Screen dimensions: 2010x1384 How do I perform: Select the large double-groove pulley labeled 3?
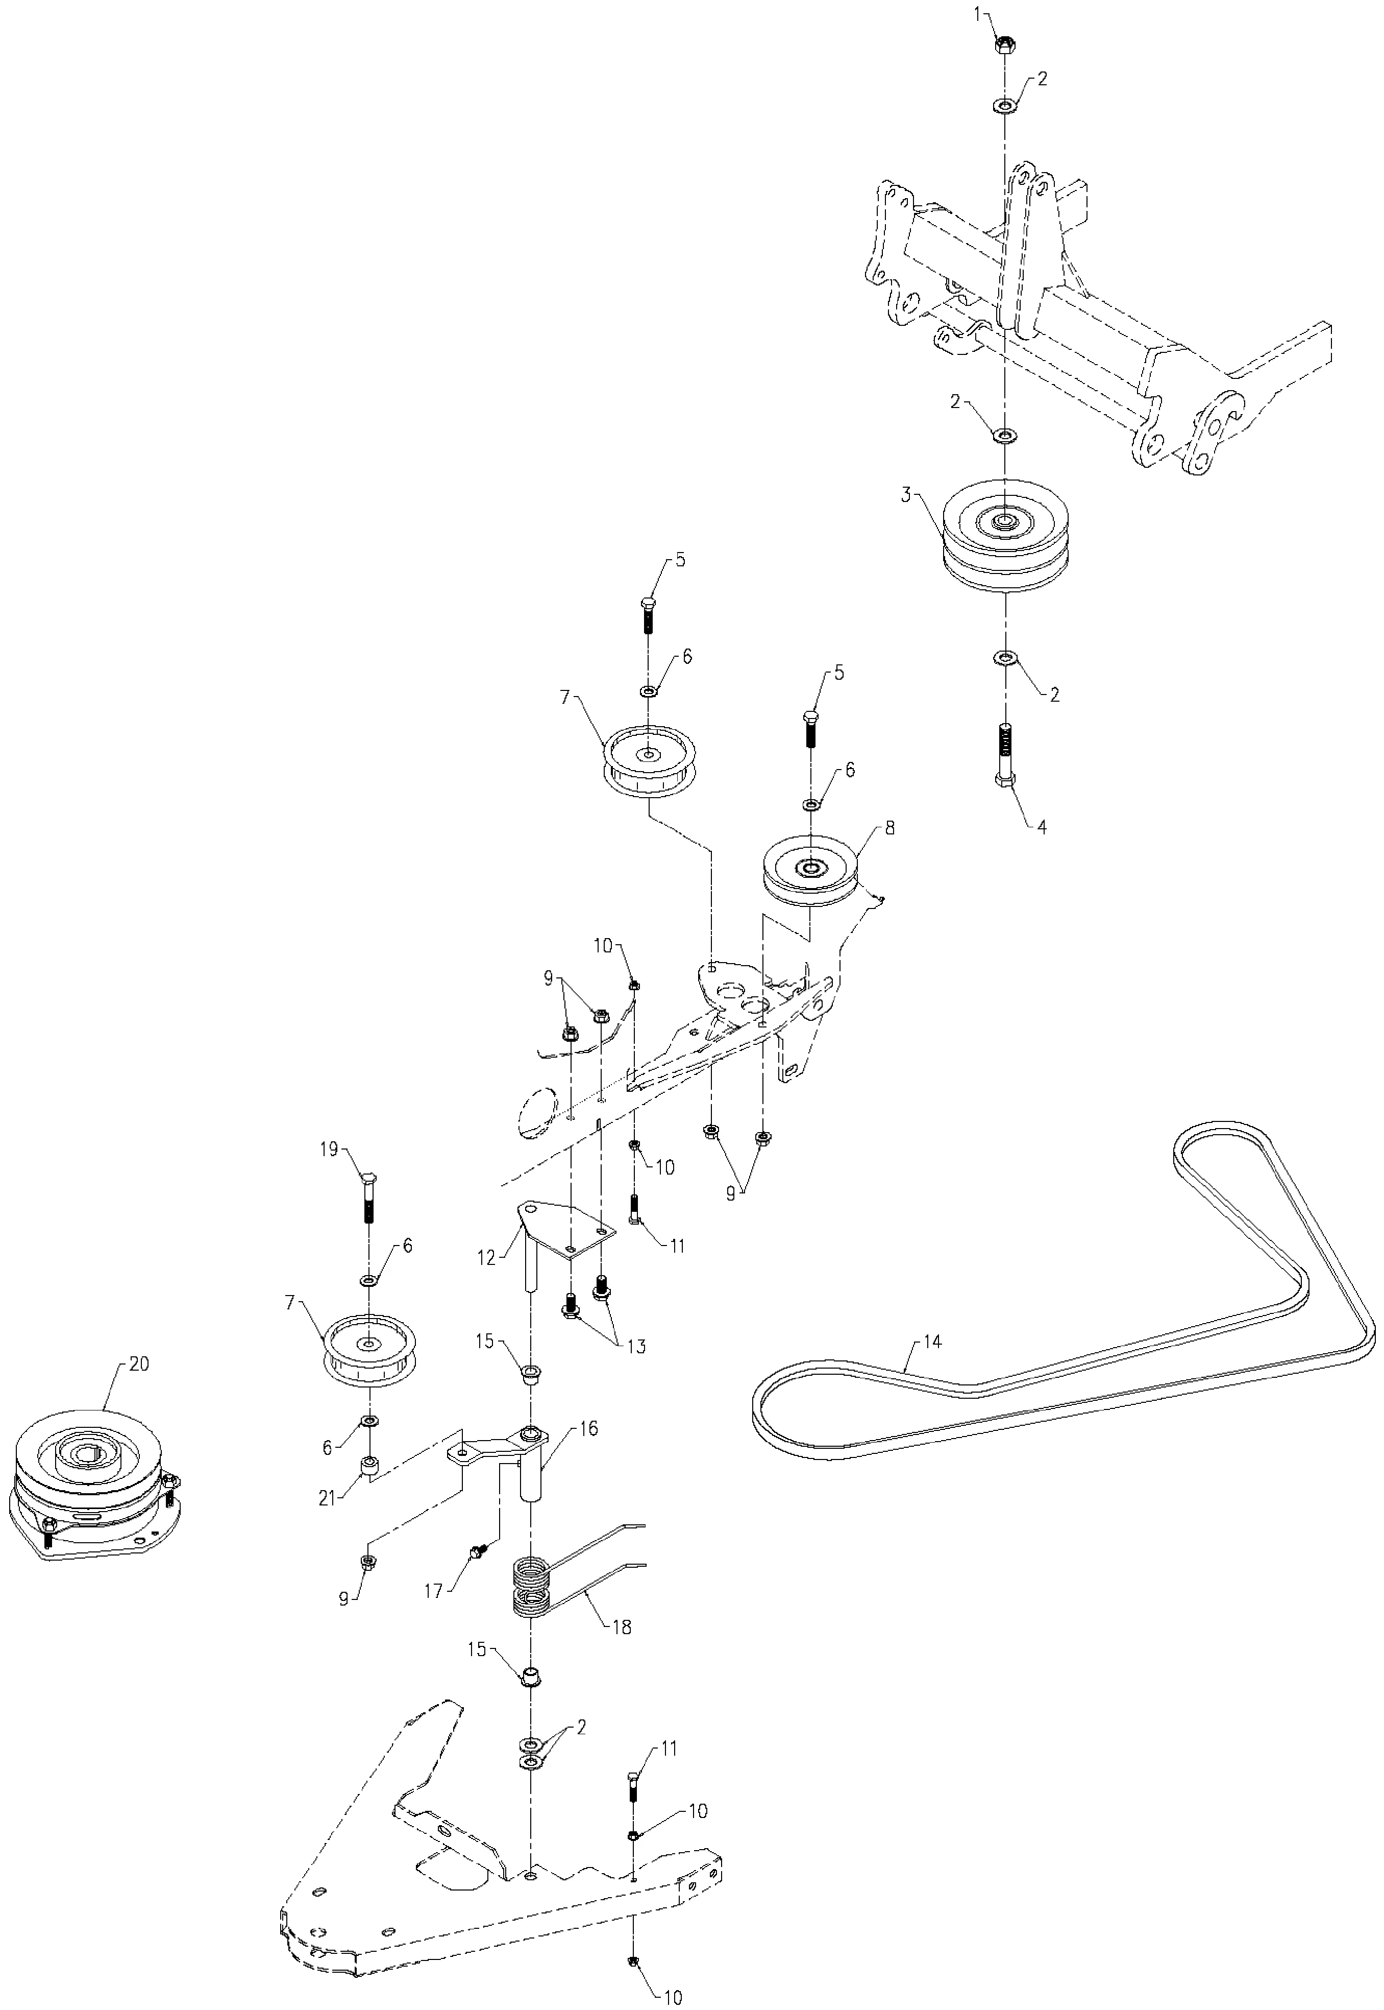click(1004, 536)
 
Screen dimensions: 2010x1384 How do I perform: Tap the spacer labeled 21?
click(368, 1464)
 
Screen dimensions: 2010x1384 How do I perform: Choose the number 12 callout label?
click(486, 1257)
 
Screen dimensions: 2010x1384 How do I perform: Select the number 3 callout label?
click(905, 495)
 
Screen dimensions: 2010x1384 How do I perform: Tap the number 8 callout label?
click(889, 828)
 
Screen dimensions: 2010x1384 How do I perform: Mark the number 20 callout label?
click(139, 1363)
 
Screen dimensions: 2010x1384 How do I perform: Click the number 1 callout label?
click(977, 13)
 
